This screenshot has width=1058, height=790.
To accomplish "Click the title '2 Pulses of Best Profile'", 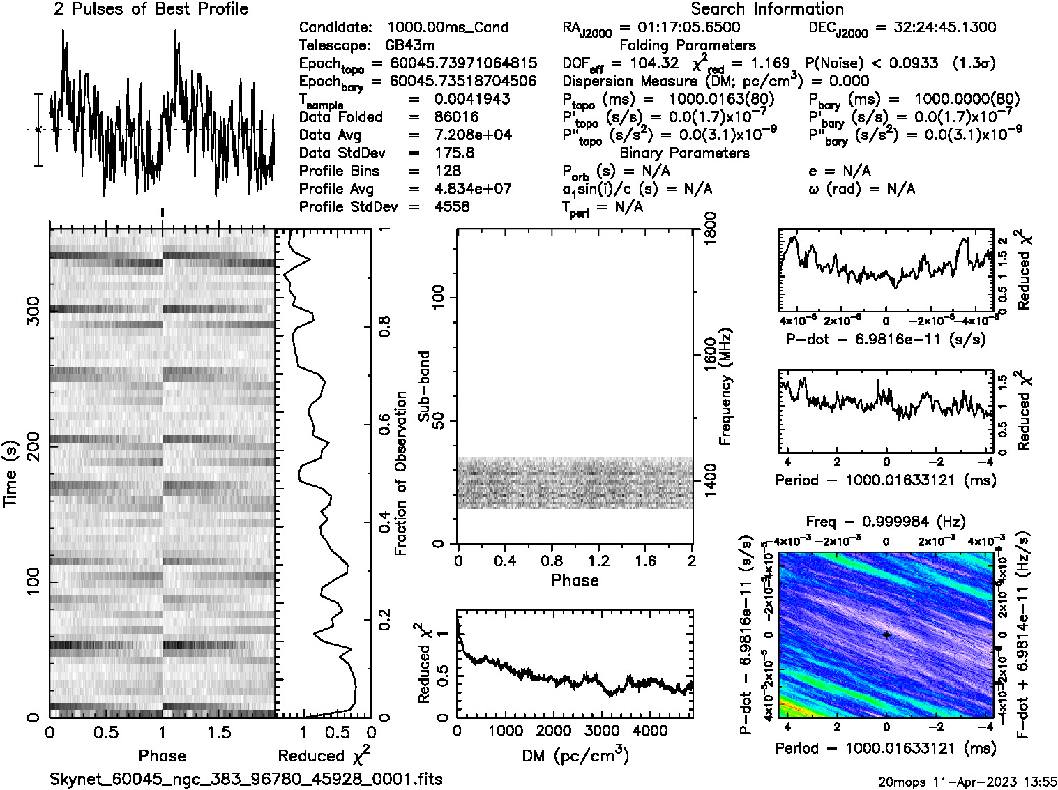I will click(151, 9).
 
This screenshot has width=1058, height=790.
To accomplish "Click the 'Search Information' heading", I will click(766, 9).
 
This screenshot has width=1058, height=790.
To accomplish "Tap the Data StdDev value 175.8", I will click(453, 153).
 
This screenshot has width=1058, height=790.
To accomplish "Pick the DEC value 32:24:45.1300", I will click(935, 27).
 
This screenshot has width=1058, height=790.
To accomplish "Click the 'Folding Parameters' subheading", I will click(688, 45).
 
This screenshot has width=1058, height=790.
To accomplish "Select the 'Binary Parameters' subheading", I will click(684, 153).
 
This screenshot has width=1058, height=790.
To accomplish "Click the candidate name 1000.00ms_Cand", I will click(447, 27).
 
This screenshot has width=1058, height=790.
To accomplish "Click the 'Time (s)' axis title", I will click(10, 473).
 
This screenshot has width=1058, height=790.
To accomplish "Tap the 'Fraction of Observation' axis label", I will click(400, 473).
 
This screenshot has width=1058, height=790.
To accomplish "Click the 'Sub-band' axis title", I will click(423, 386).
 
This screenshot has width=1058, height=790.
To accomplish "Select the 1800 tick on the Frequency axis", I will click(710, 229).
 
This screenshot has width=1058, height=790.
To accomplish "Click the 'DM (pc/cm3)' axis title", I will click(575, 756).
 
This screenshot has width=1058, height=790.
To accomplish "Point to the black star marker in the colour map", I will click(886, 635).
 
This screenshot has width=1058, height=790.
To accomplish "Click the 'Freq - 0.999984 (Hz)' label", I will click(886, 522).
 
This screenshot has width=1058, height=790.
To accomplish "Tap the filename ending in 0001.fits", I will click(246, 779).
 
